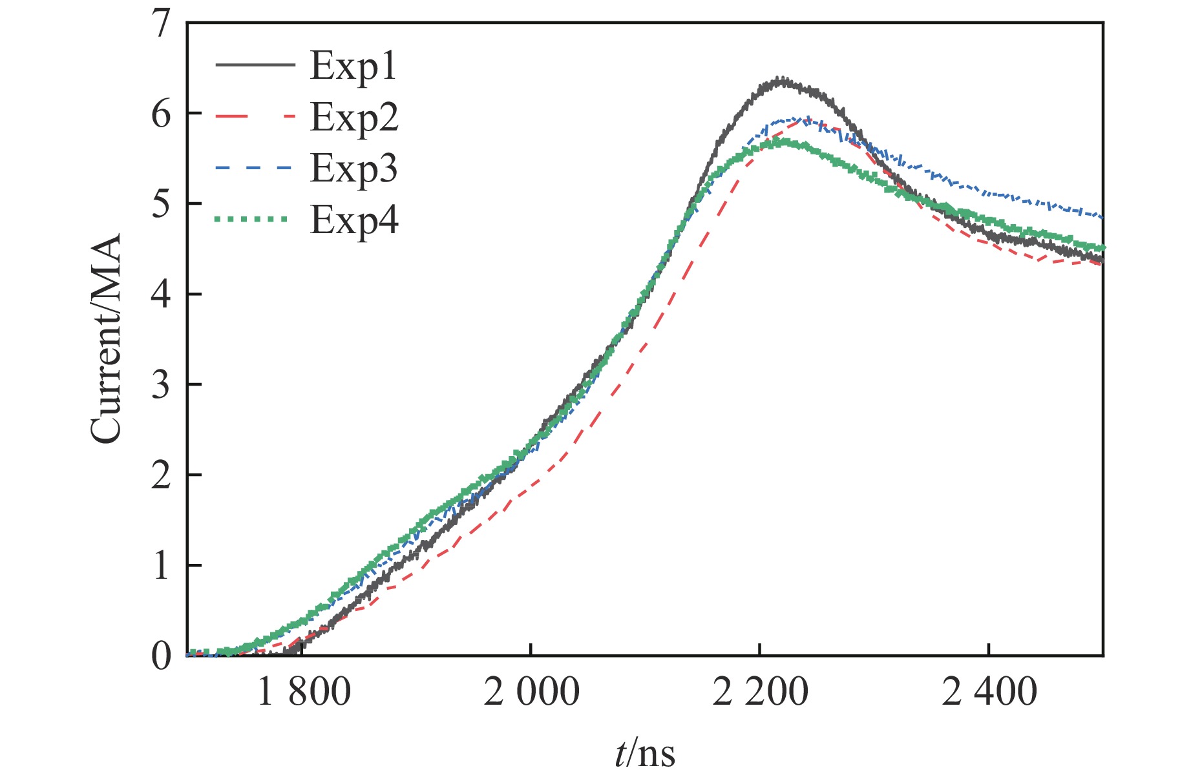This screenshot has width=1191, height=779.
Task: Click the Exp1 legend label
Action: click(353, 66)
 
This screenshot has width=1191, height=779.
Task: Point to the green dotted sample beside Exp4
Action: click(251, 220)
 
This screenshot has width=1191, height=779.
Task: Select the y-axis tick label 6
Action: click(161, 114)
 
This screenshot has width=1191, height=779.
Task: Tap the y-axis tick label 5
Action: click(161, 205)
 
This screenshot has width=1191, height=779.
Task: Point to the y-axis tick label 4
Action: click(161, 295)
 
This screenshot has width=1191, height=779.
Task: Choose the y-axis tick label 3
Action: click(161, 386)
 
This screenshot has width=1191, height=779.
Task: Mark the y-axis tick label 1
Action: click(161, 566)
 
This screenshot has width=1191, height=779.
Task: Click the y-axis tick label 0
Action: click(161, 657)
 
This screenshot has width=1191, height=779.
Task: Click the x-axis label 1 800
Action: click(304, 692)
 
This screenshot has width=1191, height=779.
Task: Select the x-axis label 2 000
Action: click(532, 692)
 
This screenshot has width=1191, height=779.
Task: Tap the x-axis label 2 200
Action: click(761, 692)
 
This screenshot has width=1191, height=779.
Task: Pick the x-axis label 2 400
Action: click(989, 692)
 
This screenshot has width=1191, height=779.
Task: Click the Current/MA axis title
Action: click(106, 339)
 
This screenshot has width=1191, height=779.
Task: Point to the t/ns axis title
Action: click(644, 753)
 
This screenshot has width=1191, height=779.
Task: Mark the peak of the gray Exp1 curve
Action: click(783, 81)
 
